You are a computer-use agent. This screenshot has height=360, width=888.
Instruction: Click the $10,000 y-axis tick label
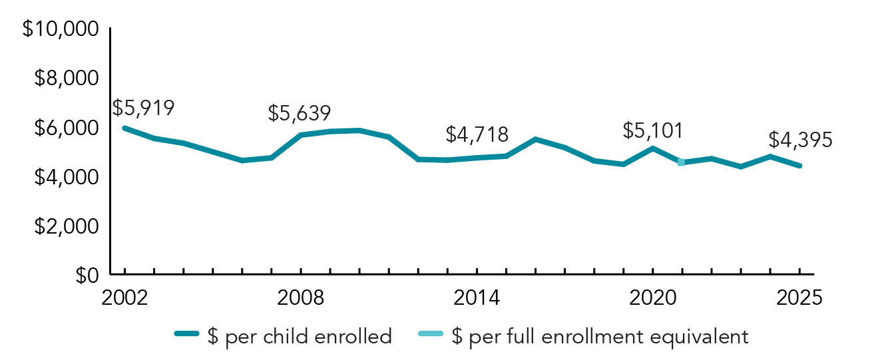coord(61,30)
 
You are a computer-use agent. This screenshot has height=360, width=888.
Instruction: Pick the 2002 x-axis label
coord(124,297)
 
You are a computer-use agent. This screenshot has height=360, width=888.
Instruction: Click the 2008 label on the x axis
coord(301,297)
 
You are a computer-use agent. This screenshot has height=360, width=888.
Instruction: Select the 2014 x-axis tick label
coord(477,297)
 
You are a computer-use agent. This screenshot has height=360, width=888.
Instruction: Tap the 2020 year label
coord(652,297)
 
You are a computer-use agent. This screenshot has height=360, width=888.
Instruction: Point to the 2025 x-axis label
coord(799,297)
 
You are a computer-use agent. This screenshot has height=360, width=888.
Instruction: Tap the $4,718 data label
coord(477,135)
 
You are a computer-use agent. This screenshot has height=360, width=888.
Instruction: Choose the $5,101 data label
coord(653,130)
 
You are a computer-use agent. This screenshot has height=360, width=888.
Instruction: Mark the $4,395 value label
coord(800,140)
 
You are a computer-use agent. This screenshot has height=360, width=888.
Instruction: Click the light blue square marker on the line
coord(681,162)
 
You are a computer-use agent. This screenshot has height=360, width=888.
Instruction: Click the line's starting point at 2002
coord(124,128)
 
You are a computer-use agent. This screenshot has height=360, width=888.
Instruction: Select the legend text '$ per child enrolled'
coord(308,337)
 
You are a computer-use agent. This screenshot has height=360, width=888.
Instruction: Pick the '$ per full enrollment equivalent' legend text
coord(600,337)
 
